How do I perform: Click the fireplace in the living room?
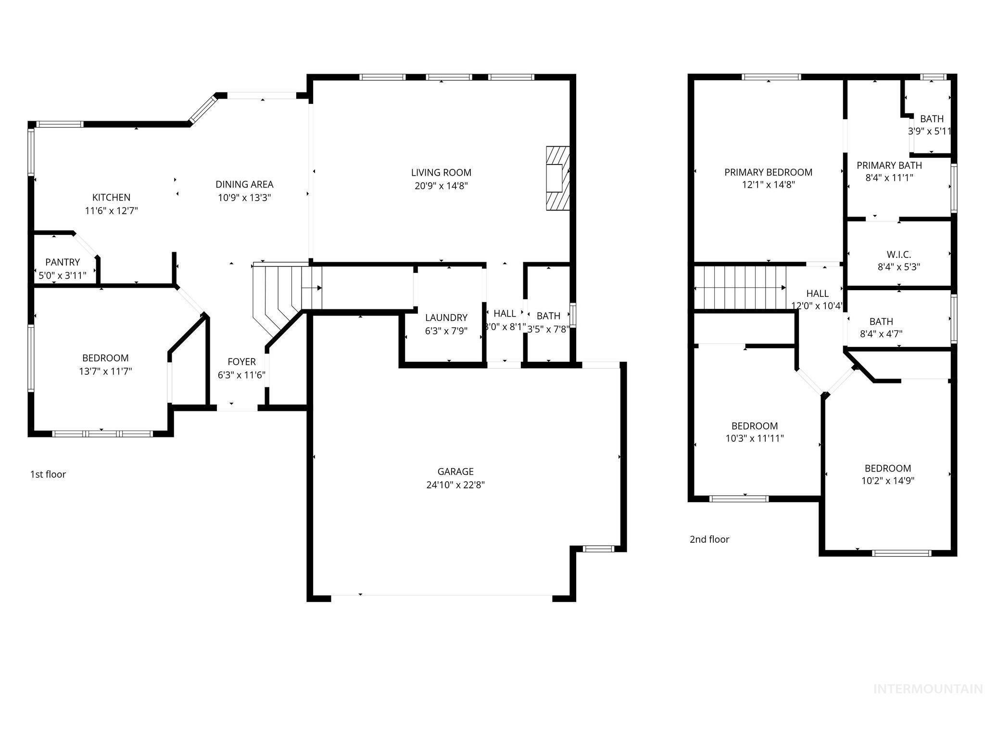pos(558,178)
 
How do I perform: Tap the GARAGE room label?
pos(455,471)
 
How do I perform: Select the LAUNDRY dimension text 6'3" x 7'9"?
pos(446,331)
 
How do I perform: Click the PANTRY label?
pos(63,262)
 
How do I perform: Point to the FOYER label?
pos(241,362)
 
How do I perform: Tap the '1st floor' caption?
pos(48,474)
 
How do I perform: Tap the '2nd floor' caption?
pos(709,539)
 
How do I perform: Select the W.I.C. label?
pos(898,255)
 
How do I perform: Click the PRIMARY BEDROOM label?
pos(768,172)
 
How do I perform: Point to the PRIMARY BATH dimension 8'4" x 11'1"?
pos(889,178)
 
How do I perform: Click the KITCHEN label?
pos(111,197)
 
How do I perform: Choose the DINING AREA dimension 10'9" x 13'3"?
pos(244,197)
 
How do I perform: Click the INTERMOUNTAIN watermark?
pos(928,689)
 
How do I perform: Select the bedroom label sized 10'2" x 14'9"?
pos(887,468)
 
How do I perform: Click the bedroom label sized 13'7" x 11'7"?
pos(105,358)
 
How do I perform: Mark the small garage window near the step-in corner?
pos(598,548)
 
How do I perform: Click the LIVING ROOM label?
pos(441,172)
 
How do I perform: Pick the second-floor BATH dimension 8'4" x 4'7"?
pos(881,334)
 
